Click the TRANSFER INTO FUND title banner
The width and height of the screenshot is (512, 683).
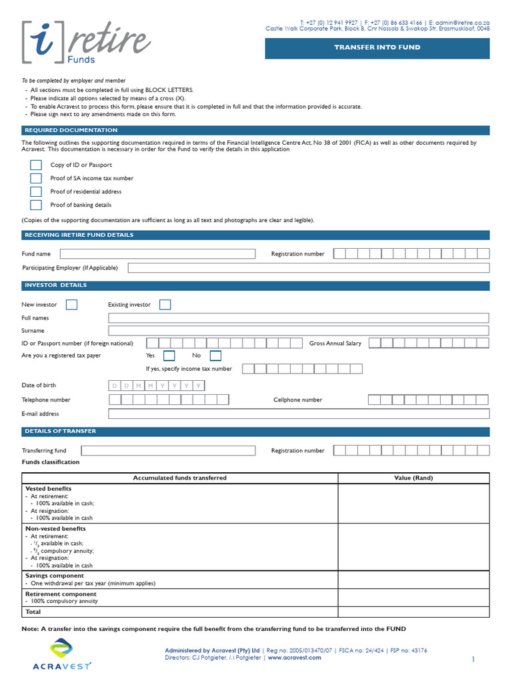pos(377,49)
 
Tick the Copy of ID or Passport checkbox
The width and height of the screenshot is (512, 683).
pos(36,165)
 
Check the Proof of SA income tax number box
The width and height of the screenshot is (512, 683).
pos(36,179)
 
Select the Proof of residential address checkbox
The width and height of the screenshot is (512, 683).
pos(36,192)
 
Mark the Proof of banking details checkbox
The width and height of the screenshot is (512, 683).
pos(36,205)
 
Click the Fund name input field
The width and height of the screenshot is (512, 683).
pos(157,254)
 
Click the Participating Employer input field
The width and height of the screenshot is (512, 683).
pos(308,268)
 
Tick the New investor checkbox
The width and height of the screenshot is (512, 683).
pos(72,305)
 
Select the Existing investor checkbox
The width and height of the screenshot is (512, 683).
pos(165,305)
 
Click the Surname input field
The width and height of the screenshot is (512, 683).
pos(298,331)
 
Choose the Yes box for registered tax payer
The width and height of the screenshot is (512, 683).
pos(169,356)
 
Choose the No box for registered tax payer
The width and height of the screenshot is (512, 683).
pos(215,356)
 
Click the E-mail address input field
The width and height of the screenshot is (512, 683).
pos(298,414)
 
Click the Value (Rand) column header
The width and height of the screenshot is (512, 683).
pos(413,478)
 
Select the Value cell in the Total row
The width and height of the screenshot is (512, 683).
pos(413,612)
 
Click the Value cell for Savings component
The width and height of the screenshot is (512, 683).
pos(413,580)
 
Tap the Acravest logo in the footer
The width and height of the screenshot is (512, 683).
pos(62,654)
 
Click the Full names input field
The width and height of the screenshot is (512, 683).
pos(298,318)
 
